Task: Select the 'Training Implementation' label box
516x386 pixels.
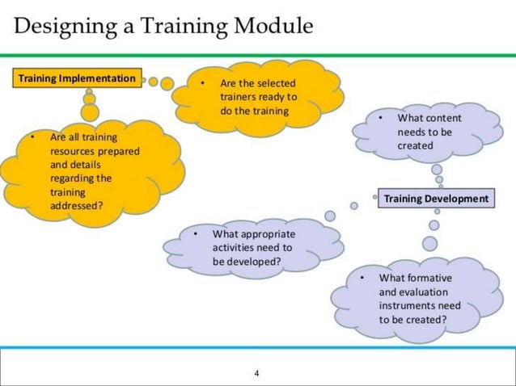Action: point(77,78)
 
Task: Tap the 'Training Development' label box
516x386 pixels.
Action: point(436,198)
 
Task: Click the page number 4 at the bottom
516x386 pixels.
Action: point(256,373)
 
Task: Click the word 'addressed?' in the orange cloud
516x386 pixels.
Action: point(77,205)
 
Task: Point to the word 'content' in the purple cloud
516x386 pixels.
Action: point(442,118)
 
